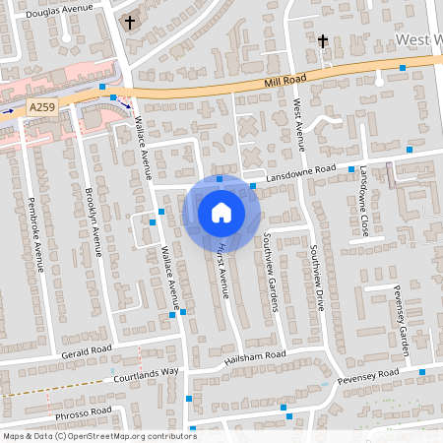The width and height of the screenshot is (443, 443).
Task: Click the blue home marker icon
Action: pyautogui.click(x=221, y=213)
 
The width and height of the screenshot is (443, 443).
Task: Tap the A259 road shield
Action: pyautogui.click(x=41, y=106)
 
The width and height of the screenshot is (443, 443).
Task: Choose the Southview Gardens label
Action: pyautogui.click(x=271, y=272)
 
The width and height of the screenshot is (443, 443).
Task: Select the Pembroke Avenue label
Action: pyautogui.click(x=37, y=232)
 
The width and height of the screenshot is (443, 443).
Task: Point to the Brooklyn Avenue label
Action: pyautogui.click(x=93, y=221)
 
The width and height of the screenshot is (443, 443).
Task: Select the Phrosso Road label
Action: pyautogui.click(x=85, y=411)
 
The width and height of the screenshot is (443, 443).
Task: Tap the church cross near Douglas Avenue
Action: pyautogui.click(x=129, y=22)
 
